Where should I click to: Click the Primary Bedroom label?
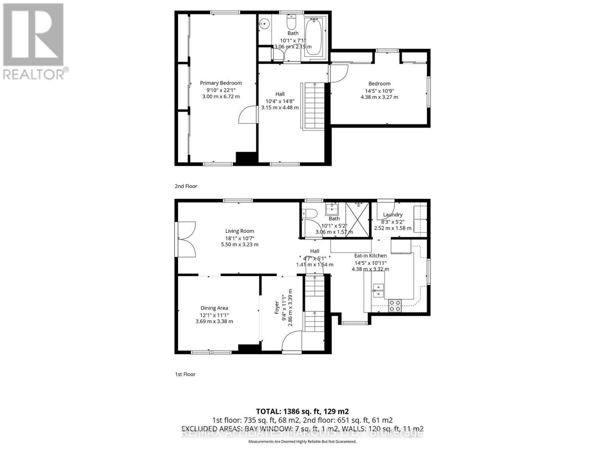(221, 83)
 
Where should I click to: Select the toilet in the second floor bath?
(291, 23)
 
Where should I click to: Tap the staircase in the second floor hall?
(314, 106)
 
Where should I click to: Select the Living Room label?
(240, 231)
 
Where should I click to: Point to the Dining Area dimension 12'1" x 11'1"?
(214, 315)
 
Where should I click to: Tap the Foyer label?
(277, 307)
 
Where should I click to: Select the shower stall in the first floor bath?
(357, 219)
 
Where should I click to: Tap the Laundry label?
(392, 215)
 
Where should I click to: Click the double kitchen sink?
(378, 290)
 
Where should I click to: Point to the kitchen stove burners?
(395, 306)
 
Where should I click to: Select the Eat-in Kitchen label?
(370, 256)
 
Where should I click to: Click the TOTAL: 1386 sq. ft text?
(302, 411)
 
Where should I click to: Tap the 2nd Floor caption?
(186, 186)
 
